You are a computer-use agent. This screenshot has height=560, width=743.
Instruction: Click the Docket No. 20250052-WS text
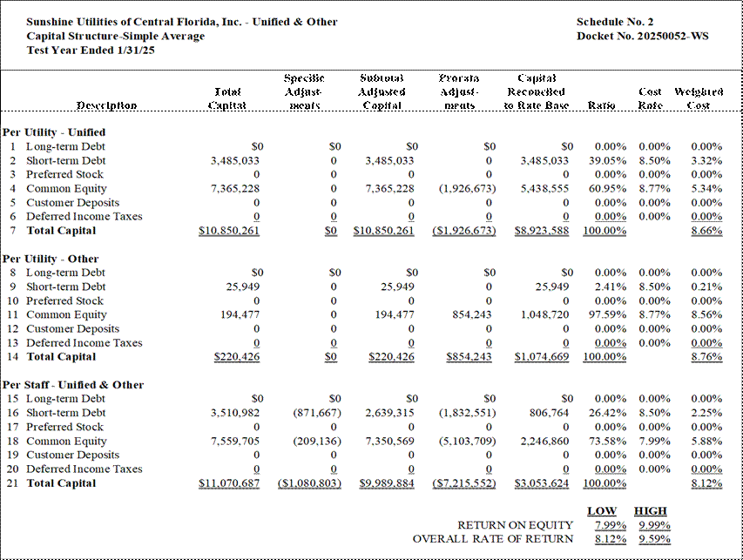point(643,36)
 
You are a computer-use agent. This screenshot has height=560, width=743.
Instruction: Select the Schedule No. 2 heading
point(615,22)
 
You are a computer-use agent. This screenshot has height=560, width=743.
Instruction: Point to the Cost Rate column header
point(650,98)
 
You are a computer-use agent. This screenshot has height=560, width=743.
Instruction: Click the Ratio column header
point(601,105)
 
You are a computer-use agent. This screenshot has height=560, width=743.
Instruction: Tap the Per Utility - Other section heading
point(51,259)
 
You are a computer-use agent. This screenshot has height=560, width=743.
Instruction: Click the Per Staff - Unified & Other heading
point(73,385)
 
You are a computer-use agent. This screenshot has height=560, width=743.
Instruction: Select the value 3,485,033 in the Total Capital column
point(235,160)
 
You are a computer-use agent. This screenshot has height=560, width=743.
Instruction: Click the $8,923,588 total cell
point(542,231)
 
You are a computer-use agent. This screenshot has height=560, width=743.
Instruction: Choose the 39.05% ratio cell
point(607,160)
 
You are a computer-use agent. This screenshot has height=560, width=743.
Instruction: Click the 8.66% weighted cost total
point(706,231)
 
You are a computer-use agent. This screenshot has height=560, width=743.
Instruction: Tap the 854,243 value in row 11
point(472,314)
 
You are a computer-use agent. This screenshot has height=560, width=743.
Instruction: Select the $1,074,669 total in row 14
point(542,357)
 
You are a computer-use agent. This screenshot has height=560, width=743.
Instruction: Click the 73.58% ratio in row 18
point(607,441)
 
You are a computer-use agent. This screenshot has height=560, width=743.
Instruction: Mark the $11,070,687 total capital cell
point(229,483)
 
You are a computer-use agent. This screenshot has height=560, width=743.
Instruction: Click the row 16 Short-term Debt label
point(66,413)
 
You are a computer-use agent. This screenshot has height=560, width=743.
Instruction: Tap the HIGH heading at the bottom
point(651,511)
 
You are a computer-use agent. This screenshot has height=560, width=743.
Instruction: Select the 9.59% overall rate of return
point(654,539)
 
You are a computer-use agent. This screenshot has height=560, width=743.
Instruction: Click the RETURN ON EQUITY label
point(515,525)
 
